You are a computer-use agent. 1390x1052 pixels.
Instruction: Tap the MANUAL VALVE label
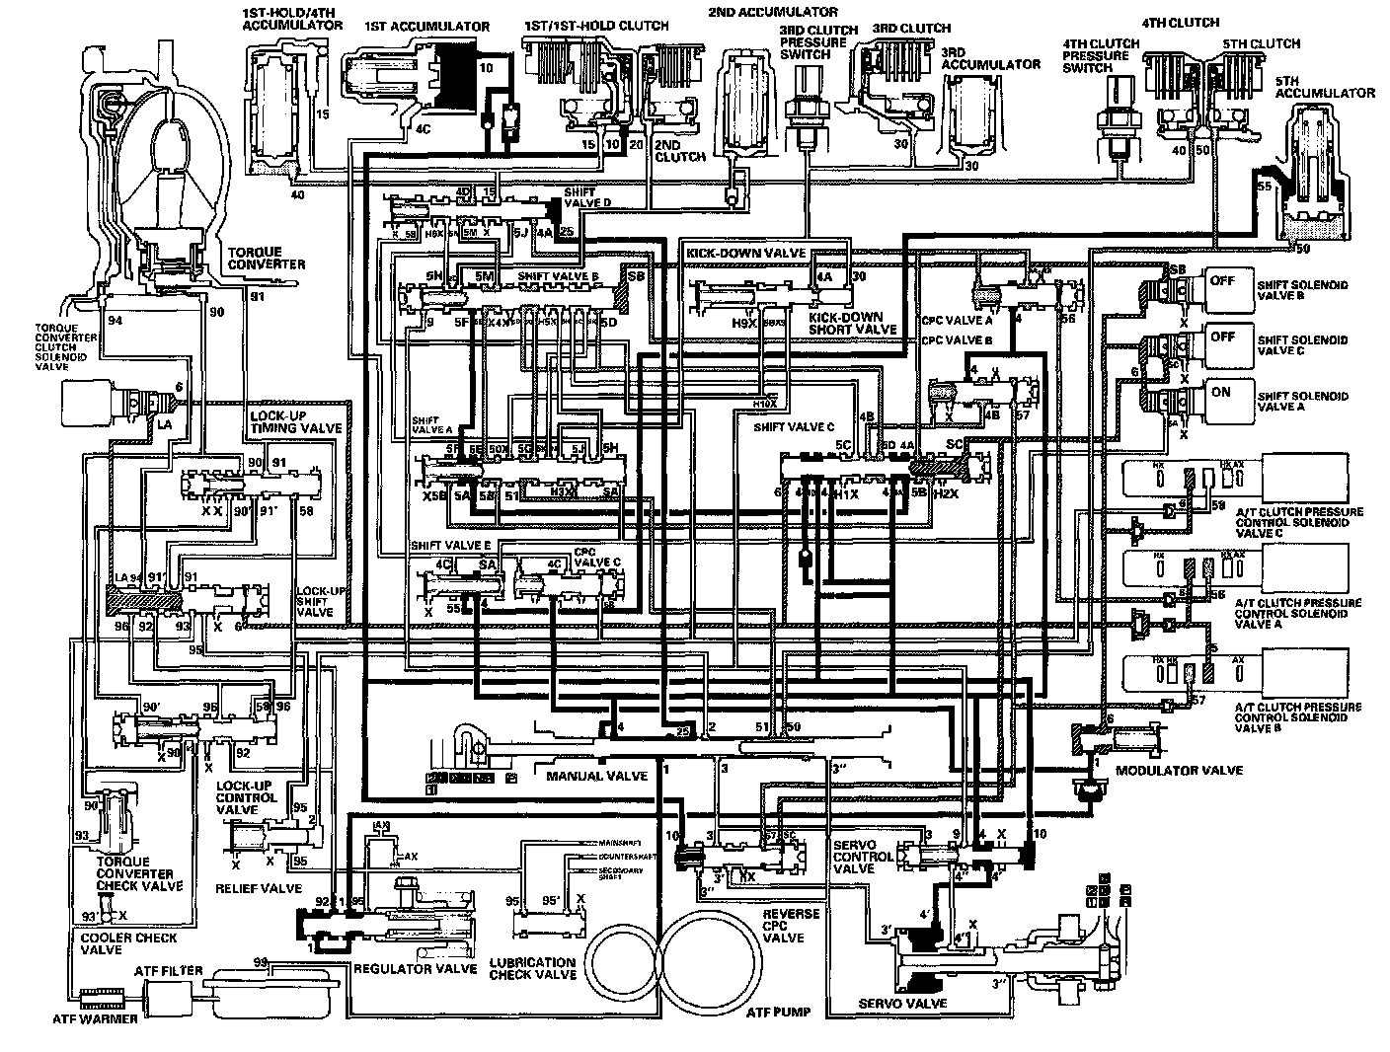(596, 776)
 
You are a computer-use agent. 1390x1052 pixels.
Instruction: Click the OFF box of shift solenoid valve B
(1223, 280)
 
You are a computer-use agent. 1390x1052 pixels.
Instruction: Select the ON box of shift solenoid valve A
(1221, 392)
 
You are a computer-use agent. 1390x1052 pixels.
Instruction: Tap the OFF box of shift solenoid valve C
(1223, 337)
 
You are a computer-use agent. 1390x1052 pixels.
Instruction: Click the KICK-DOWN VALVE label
(744, 254)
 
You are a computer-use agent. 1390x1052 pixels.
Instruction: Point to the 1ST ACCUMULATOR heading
(426, 27)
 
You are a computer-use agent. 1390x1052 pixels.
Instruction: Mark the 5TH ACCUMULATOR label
(1324, 86)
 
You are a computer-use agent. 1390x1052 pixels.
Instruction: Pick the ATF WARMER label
(97, 1017)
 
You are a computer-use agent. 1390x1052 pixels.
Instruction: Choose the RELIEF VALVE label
(258, 888)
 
